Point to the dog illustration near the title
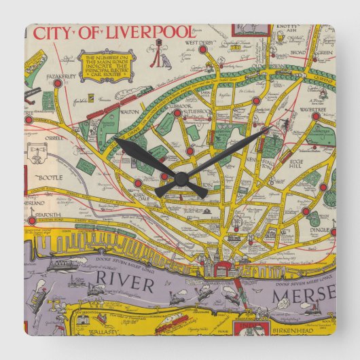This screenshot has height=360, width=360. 166,60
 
